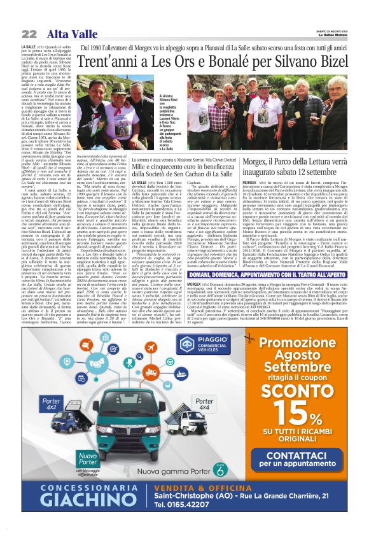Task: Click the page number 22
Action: click(x=29, y=34)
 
